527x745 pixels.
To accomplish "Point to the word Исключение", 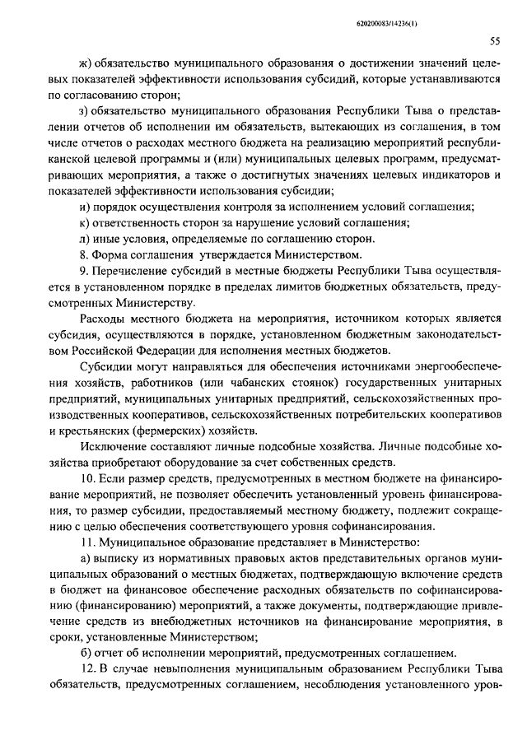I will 112,445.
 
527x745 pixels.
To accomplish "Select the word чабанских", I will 250,382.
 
